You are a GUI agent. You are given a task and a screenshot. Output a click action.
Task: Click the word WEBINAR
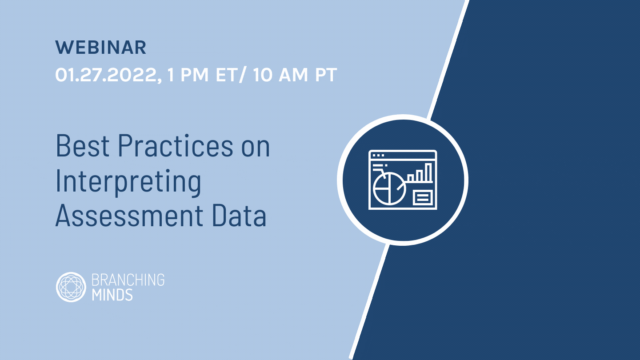pyautogui.click(x=101, y=48)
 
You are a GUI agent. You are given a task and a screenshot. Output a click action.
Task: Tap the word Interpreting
pyautogui.click(x=128, y=182)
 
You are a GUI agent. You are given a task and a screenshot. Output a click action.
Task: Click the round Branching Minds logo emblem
pyautogui.click(x=71, y=287)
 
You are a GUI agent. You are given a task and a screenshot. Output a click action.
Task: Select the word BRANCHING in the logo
pyautogui.click(x=128, y=280)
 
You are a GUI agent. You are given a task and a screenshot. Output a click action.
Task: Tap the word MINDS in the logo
pyautogui.click(x=112, y=294)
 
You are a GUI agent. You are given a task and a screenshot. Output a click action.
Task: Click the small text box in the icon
pyautogui.click(x=422, y=197)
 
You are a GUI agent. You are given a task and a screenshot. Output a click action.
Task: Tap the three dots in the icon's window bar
pyautogui.click(x=378, y=156)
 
